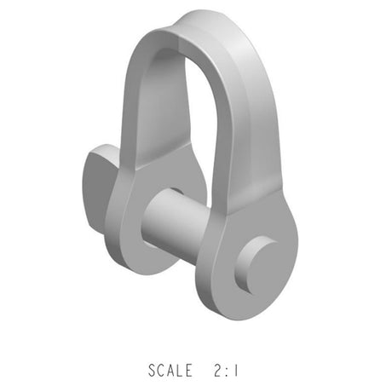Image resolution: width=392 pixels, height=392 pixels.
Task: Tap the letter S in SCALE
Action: (153, 371)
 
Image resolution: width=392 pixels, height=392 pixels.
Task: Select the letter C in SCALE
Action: (162, 371)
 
